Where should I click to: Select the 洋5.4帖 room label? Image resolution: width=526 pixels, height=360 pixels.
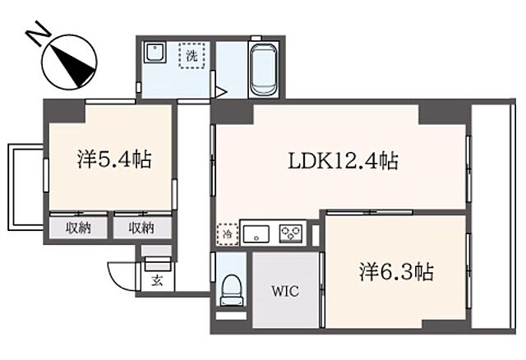coord(113,159)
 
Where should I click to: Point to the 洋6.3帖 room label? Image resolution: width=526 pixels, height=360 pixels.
coord(396,271)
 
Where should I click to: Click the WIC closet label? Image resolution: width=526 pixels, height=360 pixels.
coord(284,291)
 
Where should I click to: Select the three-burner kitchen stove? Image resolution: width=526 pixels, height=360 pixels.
coord(291,233)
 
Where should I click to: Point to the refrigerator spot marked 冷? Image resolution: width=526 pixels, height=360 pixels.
coord(226,233)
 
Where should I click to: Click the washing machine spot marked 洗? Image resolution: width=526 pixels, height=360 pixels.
coord(191,57)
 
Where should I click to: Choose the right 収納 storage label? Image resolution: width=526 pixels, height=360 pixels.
coord(142,227)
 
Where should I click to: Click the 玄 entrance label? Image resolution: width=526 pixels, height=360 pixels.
coord(157,280)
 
